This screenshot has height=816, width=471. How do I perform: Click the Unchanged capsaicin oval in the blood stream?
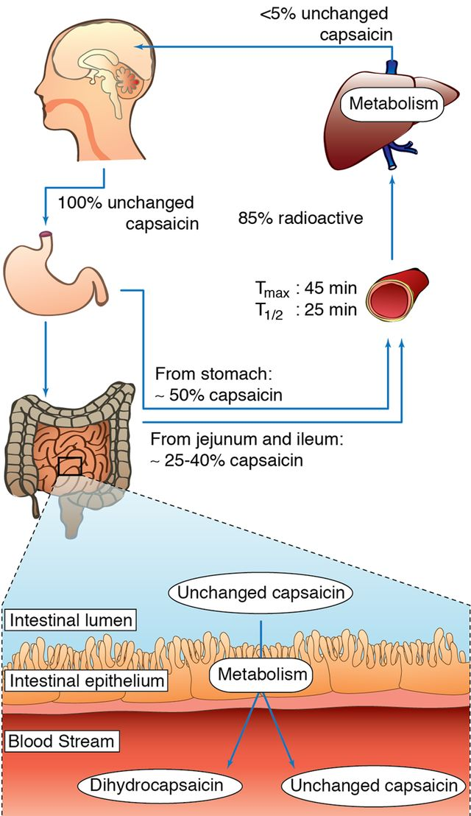[372, 786]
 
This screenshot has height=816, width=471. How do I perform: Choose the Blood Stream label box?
[60, 740]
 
